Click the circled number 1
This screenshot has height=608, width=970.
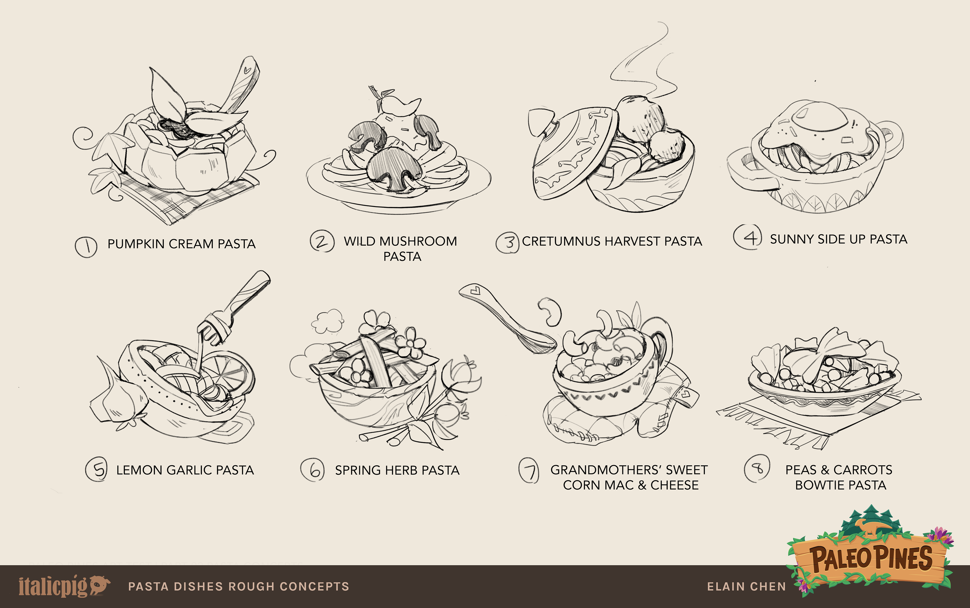pyautogui.click(x=86, y=246)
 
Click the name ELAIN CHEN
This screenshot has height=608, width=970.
pyautogui.click(x=746, y=587)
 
